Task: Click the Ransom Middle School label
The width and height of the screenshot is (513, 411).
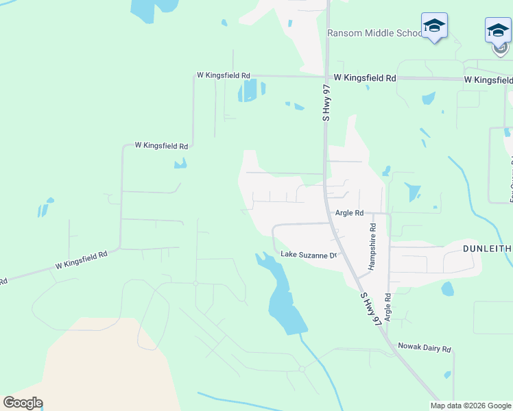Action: click(x=374, y=33)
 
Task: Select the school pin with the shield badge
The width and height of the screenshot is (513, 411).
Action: click(x=498, y=33)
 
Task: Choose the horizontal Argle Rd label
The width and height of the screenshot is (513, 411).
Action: click(x=349, y=213)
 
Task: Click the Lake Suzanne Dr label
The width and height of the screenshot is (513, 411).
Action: click(x=310, y=256)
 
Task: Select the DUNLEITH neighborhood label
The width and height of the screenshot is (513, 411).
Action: click(x=487, y=248)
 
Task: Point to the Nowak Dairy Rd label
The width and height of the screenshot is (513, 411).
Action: click(x=425, y=349)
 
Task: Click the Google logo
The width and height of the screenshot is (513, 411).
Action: click(x=23, y=402)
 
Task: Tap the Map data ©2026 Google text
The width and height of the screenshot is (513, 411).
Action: click(x=470, y=406)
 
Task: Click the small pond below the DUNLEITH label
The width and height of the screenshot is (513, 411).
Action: click(x=448, y=289)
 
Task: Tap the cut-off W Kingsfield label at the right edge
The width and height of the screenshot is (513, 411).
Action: click(x=488, y=80)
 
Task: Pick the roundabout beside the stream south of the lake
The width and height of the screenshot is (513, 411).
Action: click(x=302, y=369)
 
